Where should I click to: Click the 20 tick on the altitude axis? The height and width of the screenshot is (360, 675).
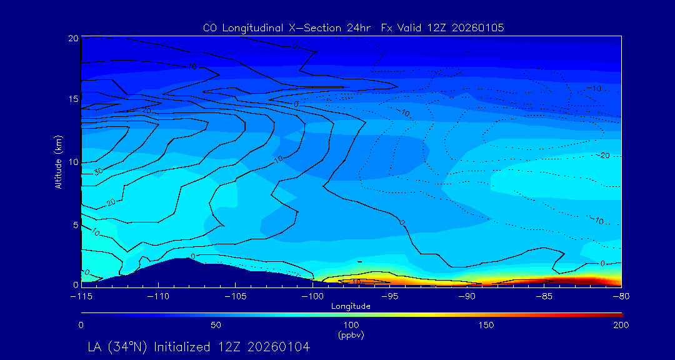coord(73,39)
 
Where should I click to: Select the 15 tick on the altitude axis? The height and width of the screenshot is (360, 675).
coord(73,99)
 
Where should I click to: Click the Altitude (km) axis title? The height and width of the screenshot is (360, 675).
coord(59,161)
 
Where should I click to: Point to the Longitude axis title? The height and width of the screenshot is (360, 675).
coord(351,306)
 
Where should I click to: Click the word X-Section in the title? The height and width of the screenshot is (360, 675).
coord(309,28)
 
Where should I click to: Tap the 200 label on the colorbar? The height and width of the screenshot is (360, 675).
coord(620,325)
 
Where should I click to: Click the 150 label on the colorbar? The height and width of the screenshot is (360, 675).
coord(486,325)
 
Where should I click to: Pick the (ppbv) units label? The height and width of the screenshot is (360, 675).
coord(351,335)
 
